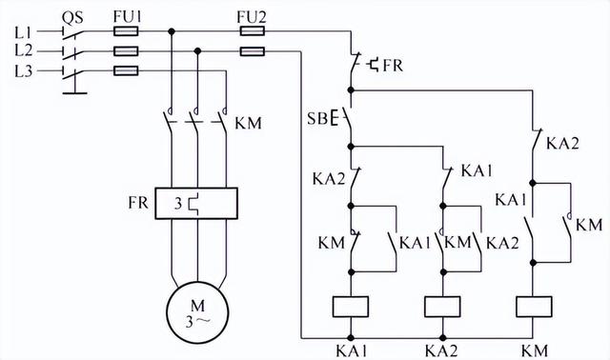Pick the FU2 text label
tap(253, 14)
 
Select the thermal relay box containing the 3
tap(196, 203)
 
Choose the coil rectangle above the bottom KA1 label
tap(352, 306)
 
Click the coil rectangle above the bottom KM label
tap(534, 306)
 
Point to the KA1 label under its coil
tap(352, 348)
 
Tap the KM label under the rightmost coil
tap(534, 348)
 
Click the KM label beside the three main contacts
tap(249, 123)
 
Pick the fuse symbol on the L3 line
tap(126, 70)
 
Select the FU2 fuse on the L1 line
tap(253, 31)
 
